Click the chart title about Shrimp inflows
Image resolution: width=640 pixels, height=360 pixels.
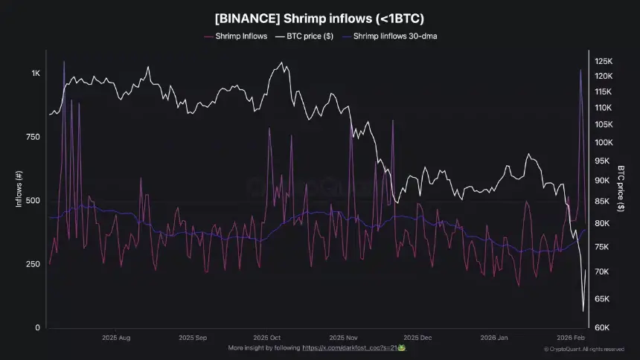pos(319,19)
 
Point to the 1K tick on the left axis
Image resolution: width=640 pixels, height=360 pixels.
pos(36,74)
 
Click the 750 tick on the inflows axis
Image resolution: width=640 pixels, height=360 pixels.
pos(33,137)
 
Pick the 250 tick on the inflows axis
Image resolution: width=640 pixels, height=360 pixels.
pos(33,264)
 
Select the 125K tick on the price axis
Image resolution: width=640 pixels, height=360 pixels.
pos(603,61)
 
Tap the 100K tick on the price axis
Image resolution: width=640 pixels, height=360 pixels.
pos(603,142)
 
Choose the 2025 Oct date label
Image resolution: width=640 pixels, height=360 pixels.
pos(266,337)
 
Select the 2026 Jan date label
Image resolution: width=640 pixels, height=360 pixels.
pos(493,337)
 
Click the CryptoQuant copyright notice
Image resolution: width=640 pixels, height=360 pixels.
pos(584,349)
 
